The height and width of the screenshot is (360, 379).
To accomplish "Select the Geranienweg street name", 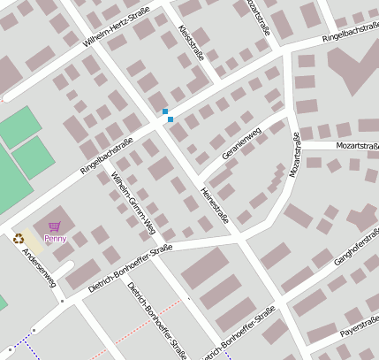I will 242,143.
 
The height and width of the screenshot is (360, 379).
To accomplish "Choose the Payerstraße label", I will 359,332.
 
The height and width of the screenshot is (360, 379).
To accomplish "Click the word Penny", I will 55,238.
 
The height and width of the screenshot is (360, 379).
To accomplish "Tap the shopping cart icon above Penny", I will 55,226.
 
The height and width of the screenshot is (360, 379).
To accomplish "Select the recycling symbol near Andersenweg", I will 19,237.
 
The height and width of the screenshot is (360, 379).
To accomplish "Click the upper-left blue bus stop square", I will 164,111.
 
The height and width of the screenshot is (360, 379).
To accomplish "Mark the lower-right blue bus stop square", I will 171,119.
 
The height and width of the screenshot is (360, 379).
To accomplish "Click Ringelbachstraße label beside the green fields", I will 106,154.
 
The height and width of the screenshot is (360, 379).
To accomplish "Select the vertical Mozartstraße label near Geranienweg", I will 295,155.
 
